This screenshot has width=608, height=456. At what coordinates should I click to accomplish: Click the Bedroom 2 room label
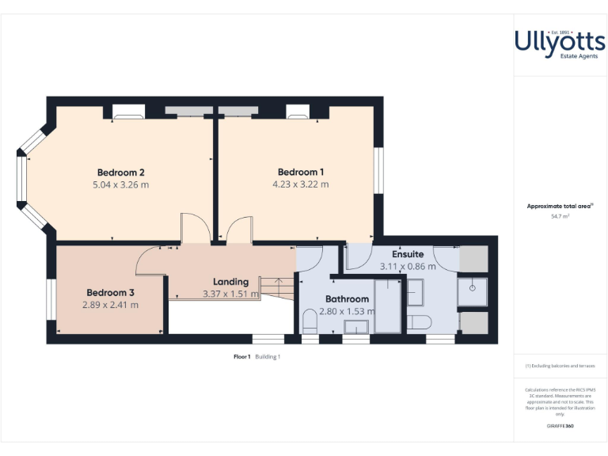120,173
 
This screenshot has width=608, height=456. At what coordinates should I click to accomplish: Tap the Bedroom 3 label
110,292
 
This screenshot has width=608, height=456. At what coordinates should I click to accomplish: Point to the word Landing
230,282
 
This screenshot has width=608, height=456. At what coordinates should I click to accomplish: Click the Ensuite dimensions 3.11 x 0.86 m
408,267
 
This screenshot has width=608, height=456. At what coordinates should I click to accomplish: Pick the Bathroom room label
347,299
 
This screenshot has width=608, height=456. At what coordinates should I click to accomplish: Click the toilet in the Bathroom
310,321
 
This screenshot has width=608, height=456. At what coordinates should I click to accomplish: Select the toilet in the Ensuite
417,321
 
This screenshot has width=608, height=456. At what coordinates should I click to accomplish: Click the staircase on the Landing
277,286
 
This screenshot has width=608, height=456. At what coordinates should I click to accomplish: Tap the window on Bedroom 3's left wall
50,298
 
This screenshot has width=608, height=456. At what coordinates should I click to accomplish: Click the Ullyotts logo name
560,40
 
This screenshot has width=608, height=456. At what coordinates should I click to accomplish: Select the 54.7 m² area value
560,215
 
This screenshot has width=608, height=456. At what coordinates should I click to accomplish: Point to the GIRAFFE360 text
560,426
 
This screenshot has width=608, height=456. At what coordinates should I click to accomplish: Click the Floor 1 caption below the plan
242,356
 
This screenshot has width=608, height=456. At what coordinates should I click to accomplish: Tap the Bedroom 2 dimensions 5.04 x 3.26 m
120,185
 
